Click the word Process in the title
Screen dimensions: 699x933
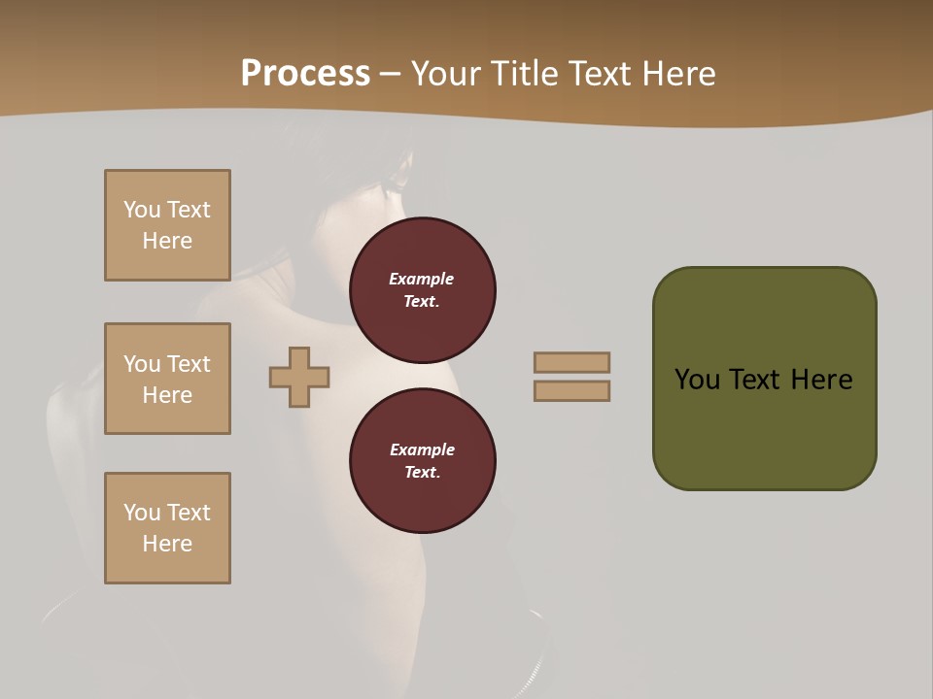(305, 74)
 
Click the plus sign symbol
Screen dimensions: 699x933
(299, 377)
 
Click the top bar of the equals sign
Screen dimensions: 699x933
(571, 362)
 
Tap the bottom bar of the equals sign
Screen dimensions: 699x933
(571, 390)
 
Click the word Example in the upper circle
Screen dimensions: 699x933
(421, 279)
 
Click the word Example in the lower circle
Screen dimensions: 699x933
(421, 449)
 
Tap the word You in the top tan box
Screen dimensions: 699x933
(141, 210)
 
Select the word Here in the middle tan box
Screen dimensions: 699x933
(167, 395)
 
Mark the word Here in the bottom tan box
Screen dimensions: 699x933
(167, 544)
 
